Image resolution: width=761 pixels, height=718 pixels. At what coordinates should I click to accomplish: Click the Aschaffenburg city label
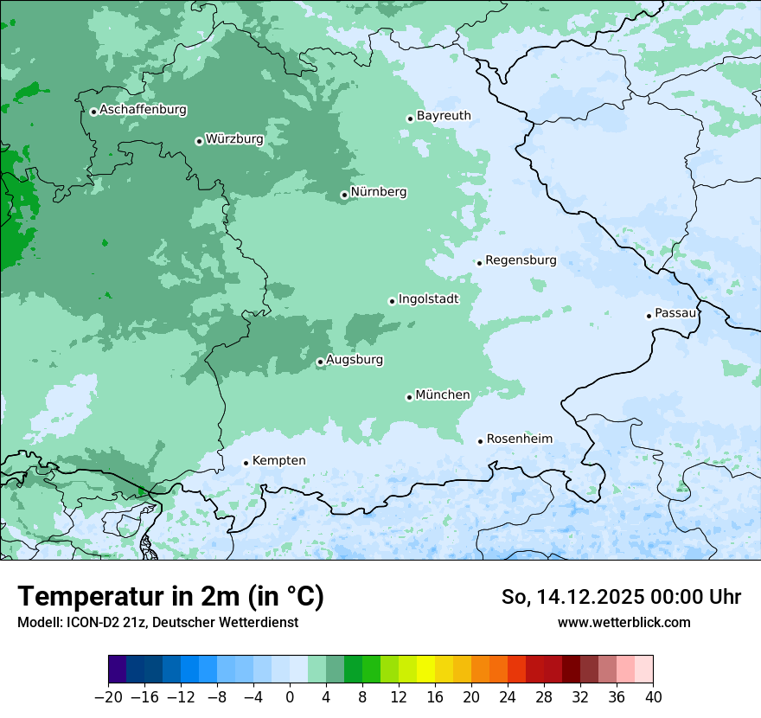click(143, 110)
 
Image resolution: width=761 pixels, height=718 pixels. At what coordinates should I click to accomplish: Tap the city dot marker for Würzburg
click(199, 141)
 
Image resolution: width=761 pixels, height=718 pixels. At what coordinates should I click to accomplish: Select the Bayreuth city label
click(444, 116)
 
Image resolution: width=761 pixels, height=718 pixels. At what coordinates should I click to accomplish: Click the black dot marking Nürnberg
click(344, 195)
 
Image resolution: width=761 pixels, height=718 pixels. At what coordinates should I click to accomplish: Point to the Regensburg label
click(521, 260)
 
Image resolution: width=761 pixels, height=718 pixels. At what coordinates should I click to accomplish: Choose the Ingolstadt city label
click(428, 299)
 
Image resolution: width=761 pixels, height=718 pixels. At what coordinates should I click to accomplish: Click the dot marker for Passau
click(649, 316)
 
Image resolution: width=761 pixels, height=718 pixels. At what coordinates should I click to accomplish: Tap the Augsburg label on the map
click(355, 360)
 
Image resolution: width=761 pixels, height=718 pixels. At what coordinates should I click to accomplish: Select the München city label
click(443, 395)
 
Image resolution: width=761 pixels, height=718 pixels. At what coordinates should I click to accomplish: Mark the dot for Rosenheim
click(481, 441)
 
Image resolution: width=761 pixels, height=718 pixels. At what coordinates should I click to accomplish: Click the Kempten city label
click(278, 461)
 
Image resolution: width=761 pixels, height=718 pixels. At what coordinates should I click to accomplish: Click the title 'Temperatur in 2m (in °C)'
click(170, 597)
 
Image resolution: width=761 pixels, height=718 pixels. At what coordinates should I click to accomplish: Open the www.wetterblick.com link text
click(624, 622)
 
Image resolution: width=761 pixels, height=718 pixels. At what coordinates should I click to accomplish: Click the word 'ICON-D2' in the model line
click(90, 622)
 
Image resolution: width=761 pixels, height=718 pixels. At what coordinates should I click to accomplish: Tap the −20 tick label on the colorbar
click(108, 697)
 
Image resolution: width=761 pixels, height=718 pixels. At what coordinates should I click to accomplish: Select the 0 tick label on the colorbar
click(290, 697)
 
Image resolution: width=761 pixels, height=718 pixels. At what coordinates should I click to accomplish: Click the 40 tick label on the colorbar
click(653, 697)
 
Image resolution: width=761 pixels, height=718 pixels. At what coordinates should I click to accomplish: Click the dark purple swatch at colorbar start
click(118, 670)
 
